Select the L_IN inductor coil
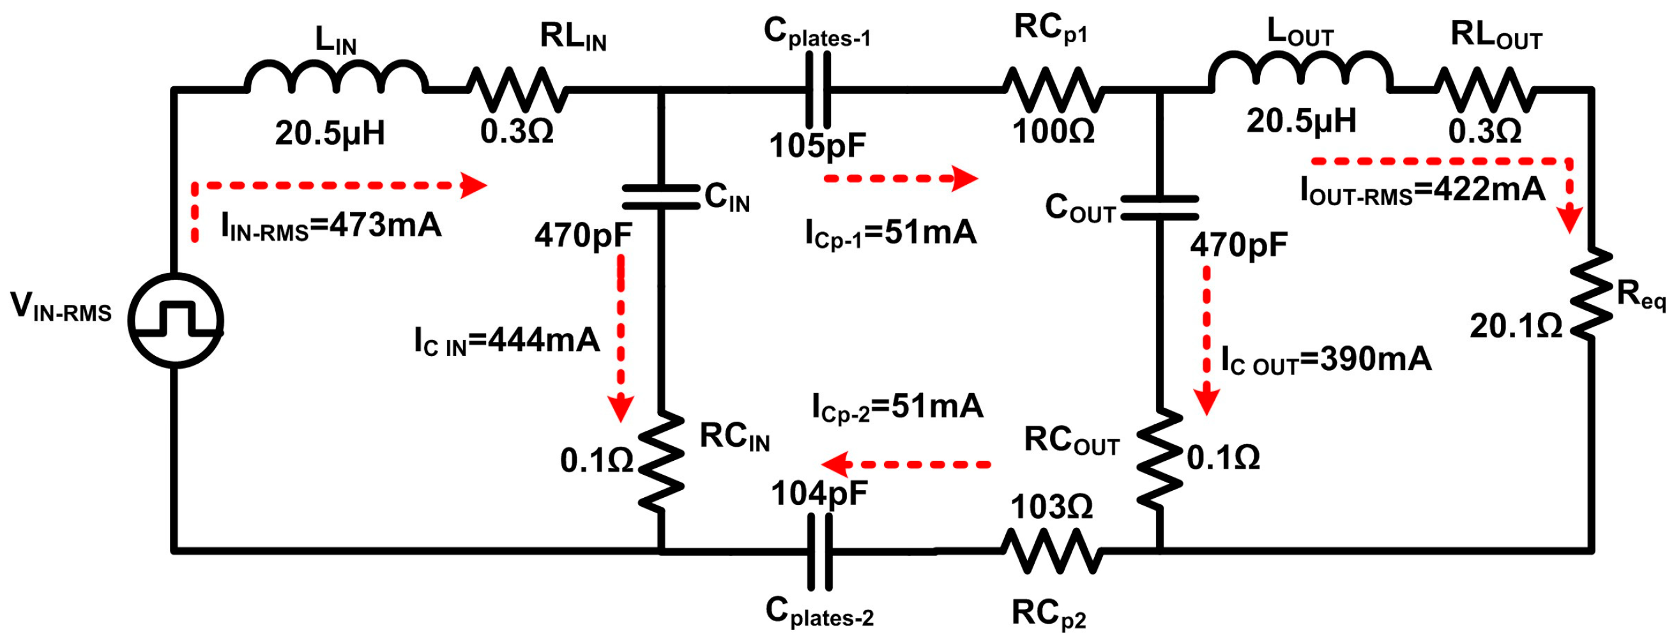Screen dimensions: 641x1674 [x=336, y=78]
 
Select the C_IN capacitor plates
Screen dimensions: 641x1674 [x=661, y=197]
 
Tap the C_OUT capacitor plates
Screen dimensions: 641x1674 [x=1159, y=208]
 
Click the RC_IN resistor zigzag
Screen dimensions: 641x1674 [x=661, y=461]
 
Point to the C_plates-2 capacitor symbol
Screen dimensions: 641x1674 [x=819, y=552]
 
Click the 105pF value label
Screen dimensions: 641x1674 [x=818, y=146]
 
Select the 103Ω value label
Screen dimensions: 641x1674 [x=1052, y=506]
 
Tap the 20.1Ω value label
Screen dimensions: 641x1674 [x=1516, y=327]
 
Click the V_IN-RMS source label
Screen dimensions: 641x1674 [x=61, y=307]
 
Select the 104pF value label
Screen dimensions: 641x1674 [x=819, y=493]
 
